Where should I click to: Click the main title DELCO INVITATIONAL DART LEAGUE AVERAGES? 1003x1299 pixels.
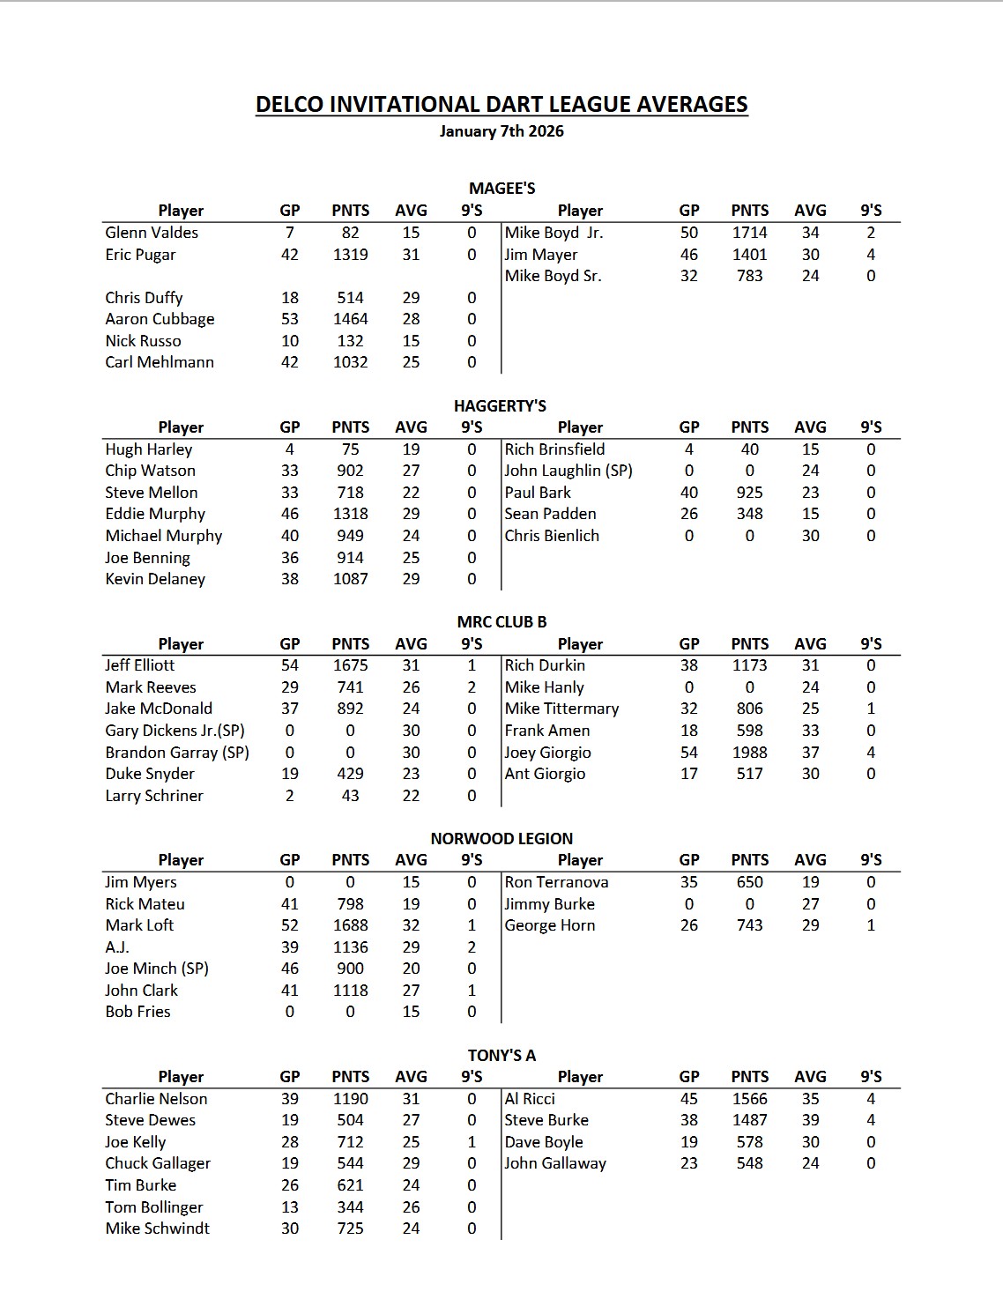click(x=501, y=105)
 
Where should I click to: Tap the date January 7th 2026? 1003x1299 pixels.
click(x=501, y=131)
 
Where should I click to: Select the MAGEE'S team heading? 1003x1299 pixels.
click(x=501, y=188)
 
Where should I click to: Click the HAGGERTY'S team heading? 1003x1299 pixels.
click(x=500, y=405)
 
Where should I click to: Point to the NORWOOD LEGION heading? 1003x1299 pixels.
click(x=501, y=838)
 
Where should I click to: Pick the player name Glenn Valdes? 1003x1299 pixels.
click(x=152, y=233)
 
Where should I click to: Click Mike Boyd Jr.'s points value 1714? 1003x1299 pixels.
click(x=749, y=233)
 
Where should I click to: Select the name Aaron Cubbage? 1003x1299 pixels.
click(x=160, y=319)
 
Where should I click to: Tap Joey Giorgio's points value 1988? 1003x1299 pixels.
click(x=749, y=753)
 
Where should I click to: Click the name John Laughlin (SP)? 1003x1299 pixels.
click(x=568, y=471)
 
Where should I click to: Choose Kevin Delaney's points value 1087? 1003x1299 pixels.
click(x=350, y=579)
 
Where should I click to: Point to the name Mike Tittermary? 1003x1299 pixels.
click(x=561, y=709)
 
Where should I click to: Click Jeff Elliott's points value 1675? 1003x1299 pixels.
click(x=350, y=665)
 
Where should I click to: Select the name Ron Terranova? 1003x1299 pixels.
click(x=556, y=882)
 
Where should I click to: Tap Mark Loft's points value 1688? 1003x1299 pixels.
click(x=350, y=925)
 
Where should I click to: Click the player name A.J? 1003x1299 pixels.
click(x=117, y=947)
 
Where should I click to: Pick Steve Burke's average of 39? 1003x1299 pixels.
click(x=810, y=1120)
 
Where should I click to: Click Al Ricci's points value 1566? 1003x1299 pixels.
click(x=749, y=1099)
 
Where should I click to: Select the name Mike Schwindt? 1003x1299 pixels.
click(x=157, y=1228)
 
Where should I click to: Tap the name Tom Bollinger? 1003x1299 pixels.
click(x=153, y=1207)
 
